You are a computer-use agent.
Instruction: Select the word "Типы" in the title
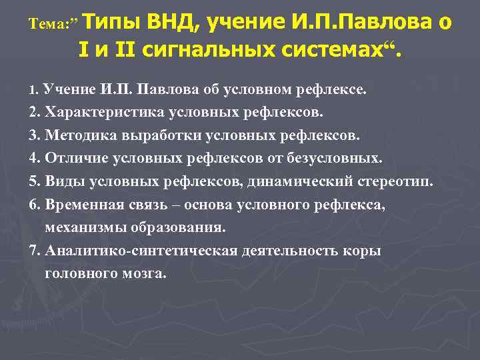[x=110, y=22]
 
